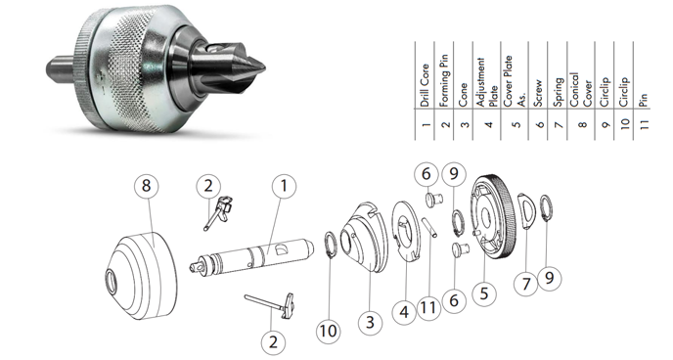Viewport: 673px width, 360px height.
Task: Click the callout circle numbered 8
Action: point(147,186)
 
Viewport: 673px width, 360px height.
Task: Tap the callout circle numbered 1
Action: point(284,186)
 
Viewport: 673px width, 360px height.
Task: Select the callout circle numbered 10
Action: point(329,331)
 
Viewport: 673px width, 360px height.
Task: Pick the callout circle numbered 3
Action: point(371,322)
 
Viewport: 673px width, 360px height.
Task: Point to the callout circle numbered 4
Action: point(404,312)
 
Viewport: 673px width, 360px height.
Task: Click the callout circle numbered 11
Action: point(428,307)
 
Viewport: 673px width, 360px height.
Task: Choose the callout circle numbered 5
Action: point(484,293)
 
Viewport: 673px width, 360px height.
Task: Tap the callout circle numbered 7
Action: point(526,284)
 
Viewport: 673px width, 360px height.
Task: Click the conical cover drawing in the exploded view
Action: point(141,276)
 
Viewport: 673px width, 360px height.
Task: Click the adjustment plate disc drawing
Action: point(407,231)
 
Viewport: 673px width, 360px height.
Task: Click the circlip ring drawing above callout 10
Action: point(330,245)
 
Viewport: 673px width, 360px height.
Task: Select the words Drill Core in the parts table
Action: point(425,85)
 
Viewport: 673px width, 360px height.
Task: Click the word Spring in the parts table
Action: point(558,92)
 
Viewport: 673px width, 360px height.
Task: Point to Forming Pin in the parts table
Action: point(444,80)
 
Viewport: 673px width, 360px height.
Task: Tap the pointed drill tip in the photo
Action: point(257,67)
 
